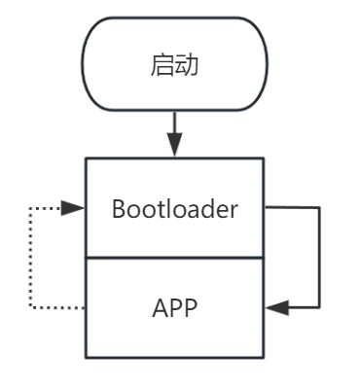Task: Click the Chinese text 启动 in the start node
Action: click(174, 66)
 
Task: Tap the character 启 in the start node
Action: click(162, 66)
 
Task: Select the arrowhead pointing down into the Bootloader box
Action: click(174, 146)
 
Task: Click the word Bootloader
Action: click(174, 208)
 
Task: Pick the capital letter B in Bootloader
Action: click(119, 208)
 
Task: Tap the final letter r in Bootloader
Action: click(234, 208)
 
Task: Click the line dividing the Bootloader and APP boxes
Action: click(174, 258)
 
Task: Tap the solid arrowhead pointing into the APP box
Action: click(275, 307)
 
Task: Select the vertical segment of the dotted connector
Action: click(30, 258)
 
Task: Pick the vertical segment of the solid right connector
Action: click(319, 258)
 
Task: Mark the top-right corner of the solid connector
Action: click(319, 207)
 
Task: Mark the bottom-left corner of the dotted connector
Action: click(30, 307)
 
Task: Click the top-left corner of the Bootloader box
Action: click(87, 158)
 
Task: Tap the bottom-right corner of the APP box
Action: click(264, 357)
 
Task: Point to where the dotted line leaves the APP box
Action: click(87, 307)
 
